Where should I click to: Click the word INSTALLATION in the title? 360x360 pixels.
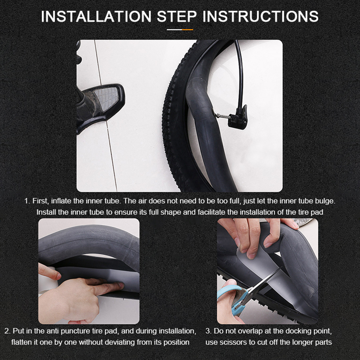click(x=96, y=17)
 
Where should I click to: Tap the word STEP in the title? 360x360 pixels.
click(x=177, y=17)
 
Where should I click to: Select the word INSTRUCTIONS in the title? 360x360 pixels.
click(x=260, y=17)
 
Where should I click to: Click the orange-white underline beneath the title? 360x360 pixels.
click(x=180, y=29)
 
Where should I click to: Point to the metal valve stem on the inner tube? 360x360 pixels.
click(x=221, y=116)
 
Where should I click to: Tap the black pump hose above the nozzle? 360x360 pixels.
click(x=239, y=73)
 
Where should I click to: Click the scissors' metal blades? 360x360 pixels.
click(x=264, y=282)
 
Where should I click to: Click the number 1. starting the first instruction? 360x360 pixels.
click(x=27, y=201)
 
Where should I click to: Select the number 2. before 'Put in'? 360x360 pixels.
click(x=8, y=331)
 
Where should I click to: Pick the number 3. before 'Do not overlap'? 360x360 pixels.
click(x=208, y=331)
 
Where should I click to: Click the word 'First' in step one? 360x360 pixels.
click(x=41, y=201)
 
